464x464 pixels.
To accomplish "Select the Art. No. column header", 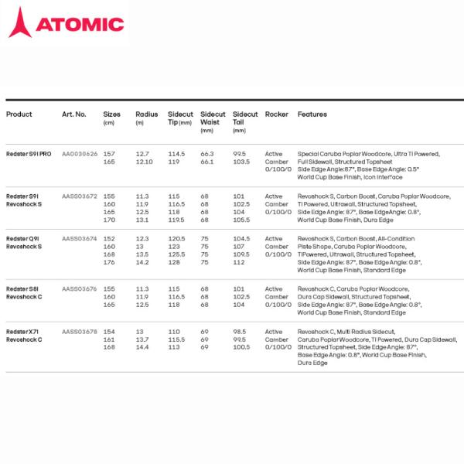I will pyautogui.click(x=73, y=114).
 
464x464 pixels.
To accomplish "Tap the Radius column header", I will pyautogui.click(x=146, y=114).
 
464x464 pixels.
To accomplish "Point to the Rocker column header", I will pyautogui.click(x=276, y=114).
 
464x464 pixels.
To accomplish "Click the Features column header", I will pyautogui.click(x=312, y=114).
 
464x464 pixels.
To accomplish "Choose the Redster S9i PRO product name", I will pyautogui.click(x=29, y=154).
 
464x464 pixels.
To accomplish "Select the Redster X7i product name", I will pyautogui.click(x=22, y=331).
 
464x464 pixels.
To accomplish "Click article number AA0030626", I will pyautogui.click(x=80, y=154).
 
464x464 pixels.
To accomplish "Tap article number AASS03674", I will pyautogui.click(x=80, y=239).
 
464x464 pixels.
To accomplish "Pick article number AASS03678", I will pyautogui.click(x=80, y=331).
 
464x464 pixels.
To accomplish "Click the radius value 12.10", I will pyautogui.click(x=144, y=162).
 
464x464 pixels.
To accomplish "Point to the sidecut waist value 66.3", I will pyautogui.click(x=206, y=154).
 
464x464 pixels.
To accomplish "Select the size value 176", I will pyautogui.click(x=108, y=262).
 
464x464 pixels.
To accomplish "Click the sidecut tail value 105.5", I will pyautogui.click(x=241, y=220).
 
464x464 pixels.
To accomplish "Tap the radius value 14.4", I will pyautogui.click(x=142, y=347).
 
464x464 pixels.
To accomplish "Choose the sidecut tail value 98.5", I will pyautogui.click(x=240, y=331).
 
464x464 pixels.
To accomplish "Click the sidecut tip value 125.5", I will pyautogui.click(x=176, y=254).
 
